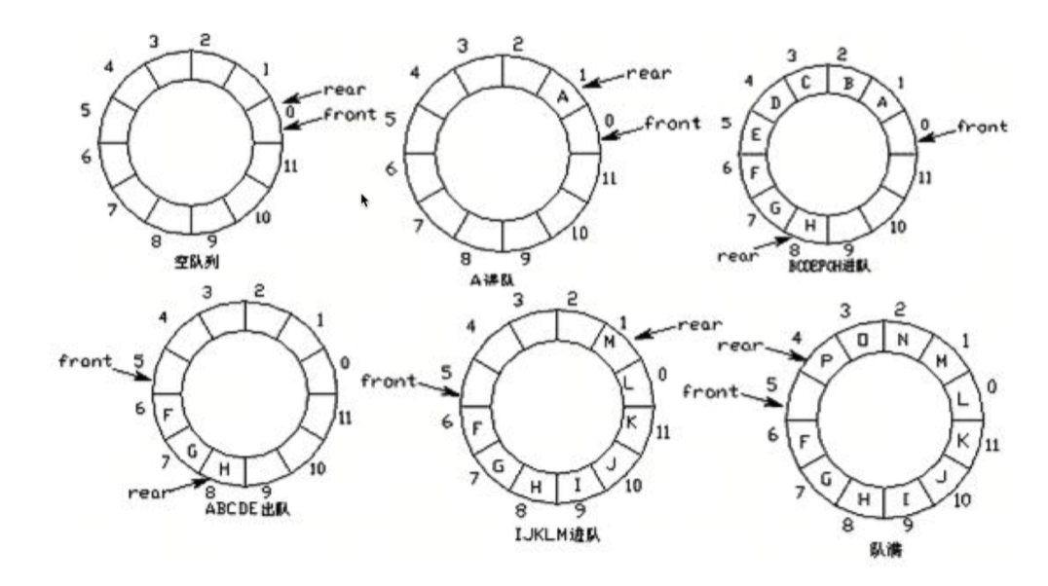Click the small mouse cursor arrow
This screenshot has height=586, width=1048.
pos(365,200)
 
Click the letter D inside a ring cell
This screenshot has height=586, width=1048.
pos(776,102)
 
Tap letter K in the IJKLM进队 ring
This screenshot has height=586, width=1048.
pos(630,422)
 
